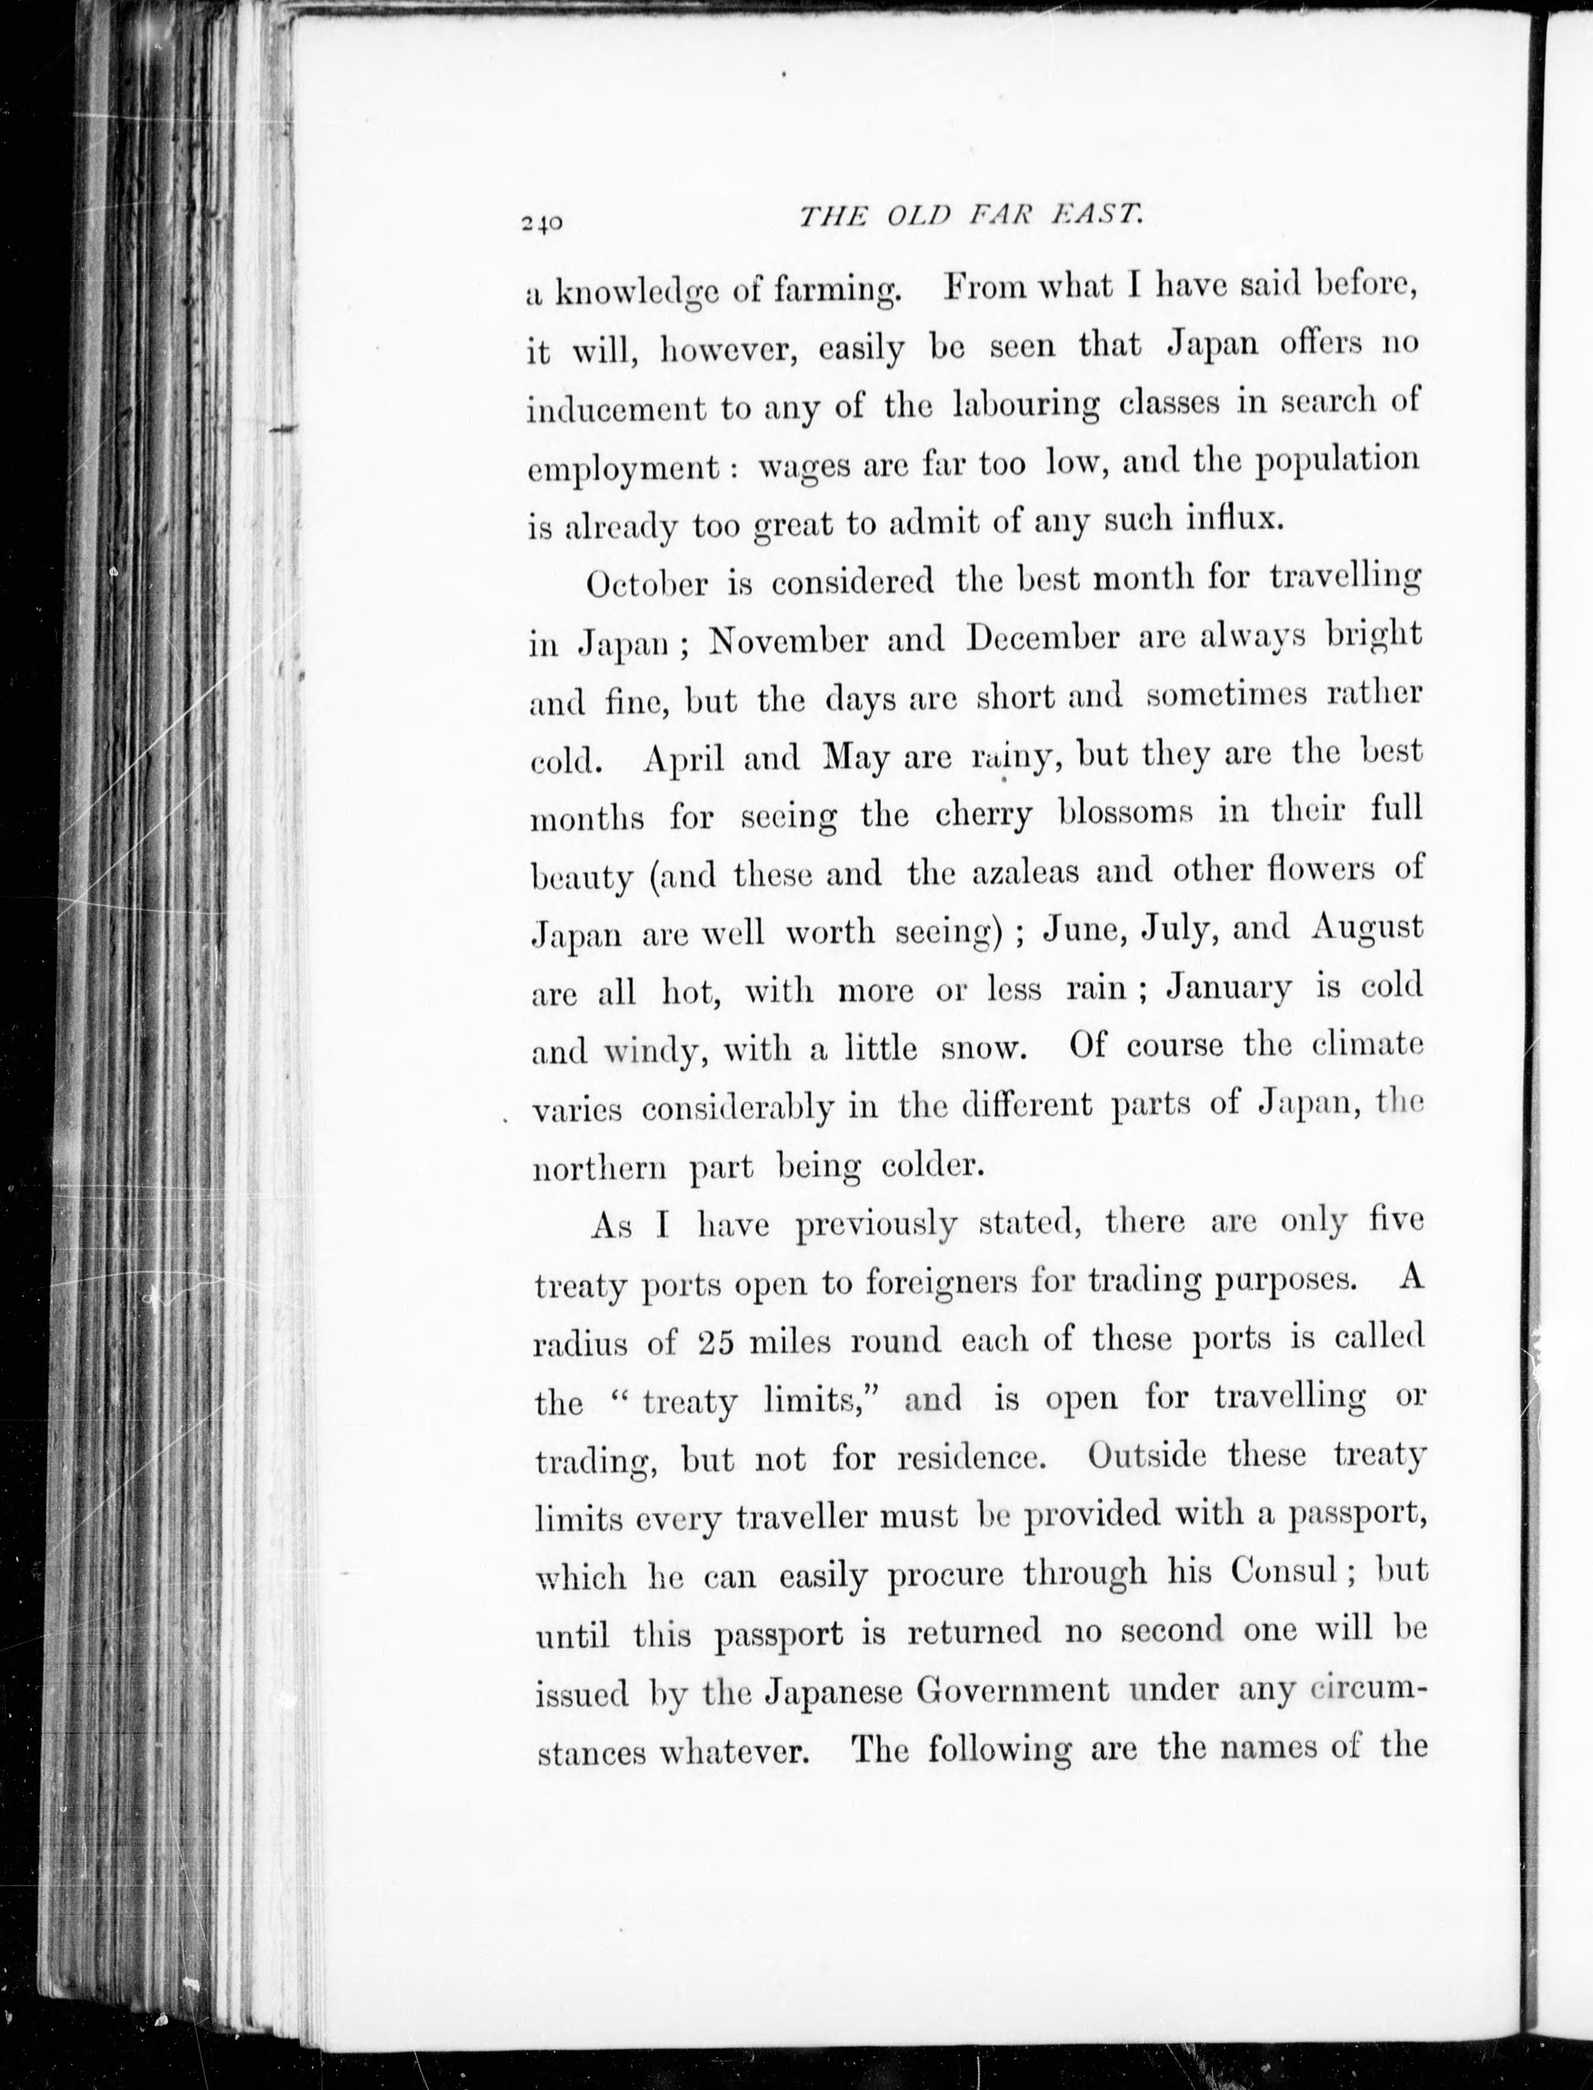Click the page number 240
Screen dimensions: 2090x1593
541,223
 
